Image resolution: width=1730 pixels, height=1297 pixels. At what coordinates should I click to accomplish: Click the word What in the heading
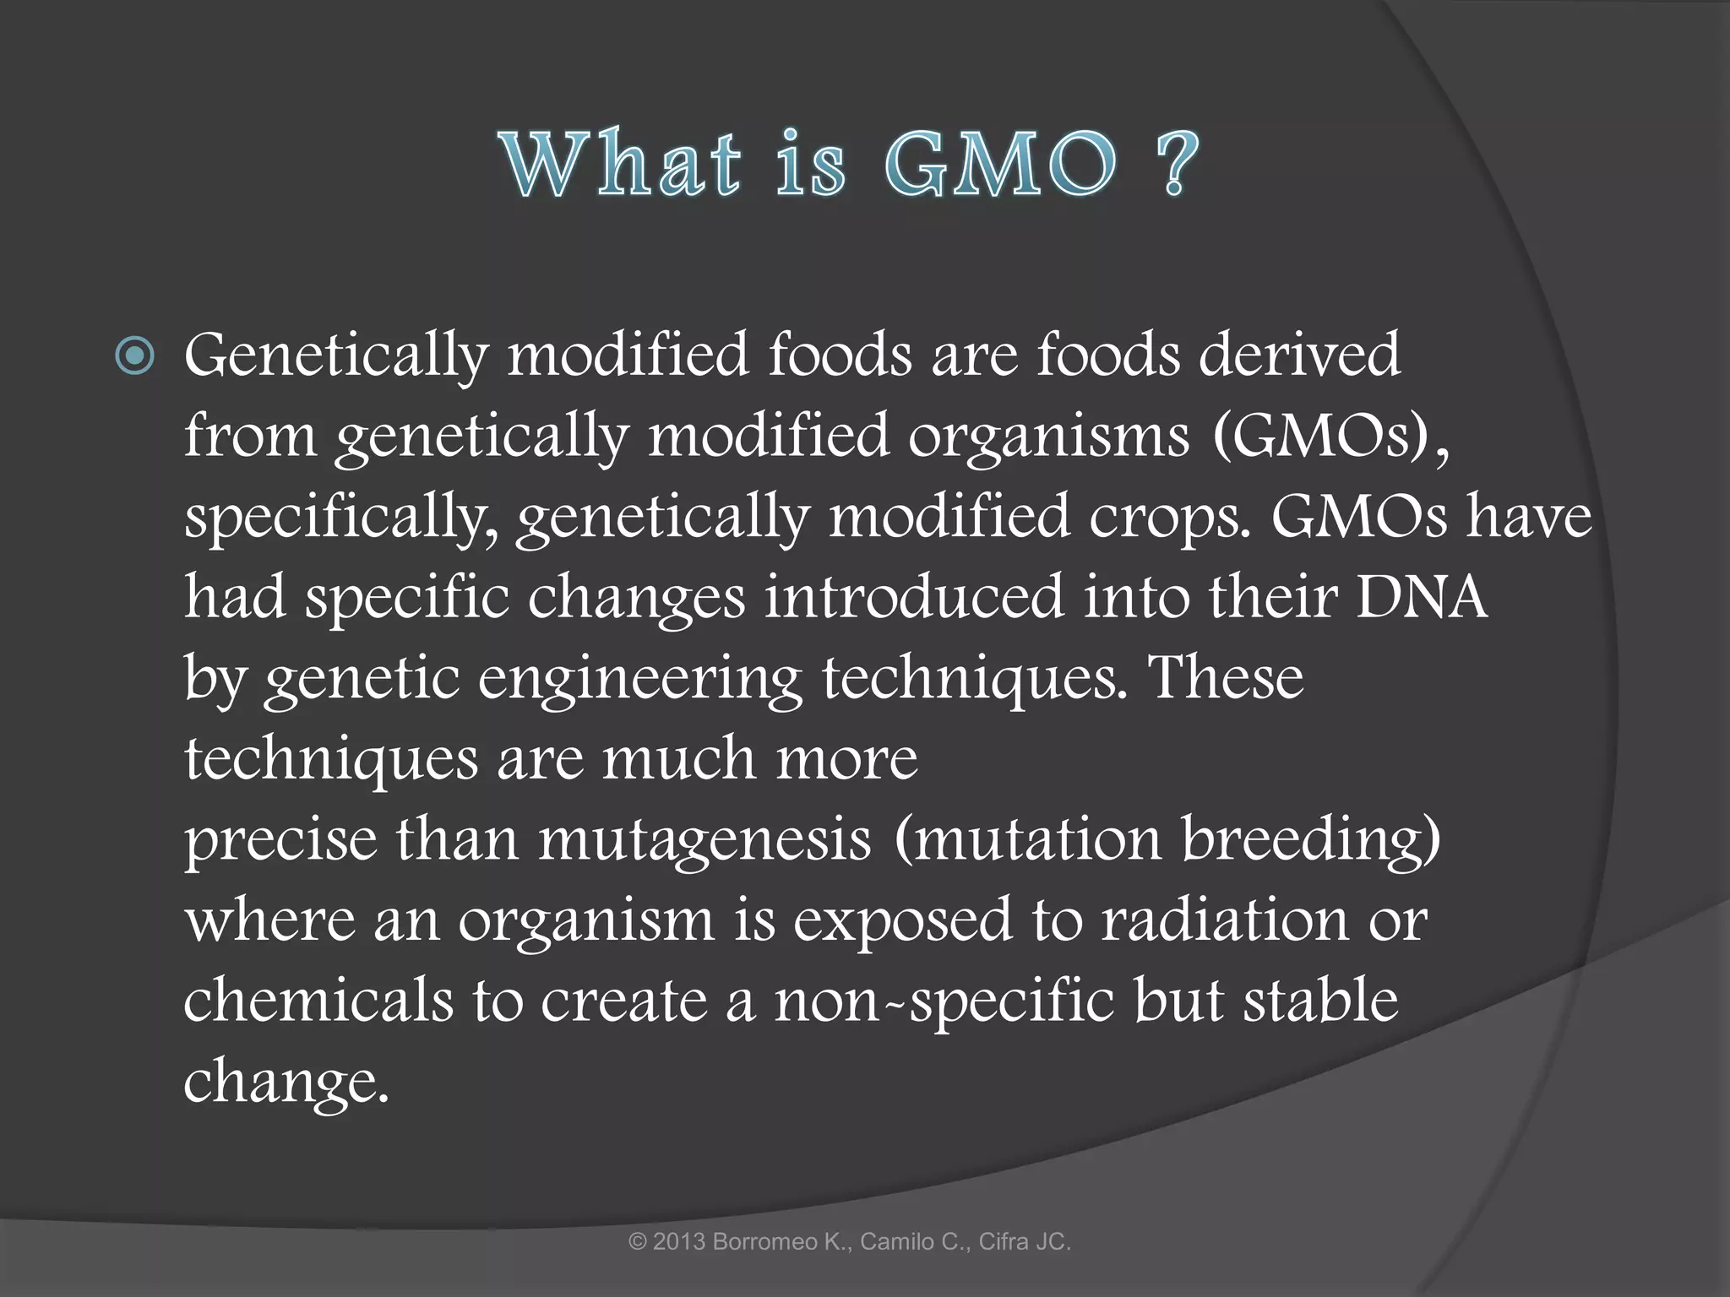[x=621, y=164]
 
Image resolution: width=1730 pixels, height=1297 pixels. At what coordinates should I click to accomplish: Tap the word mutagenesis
[x=705, y=840]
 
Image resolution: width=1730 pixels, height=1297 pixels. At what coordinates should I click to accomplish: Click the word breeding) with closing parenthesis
[x=1310, y=840]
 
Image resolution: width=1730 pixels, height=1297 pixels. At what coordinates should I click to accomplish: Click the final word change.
[x=286, y=1083]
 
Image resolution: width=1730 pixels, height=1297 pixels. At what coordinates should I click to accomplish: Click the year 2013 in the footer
[x=679, y=1242]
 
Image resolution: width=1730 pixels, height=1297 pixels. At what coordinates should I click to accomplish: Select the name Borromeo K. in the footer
[x=781, y=1242]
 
